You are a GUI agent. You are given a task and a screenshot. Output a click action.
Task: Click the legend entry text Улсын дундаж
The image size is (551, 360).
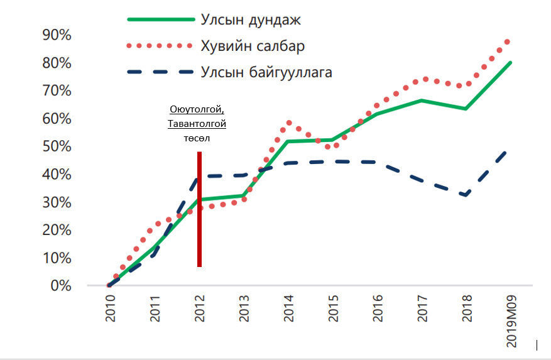click(x=251, y=19)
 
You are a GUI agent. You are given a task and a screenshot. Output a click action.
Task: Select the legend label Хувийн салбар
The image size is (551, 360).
click(x=253, y=46)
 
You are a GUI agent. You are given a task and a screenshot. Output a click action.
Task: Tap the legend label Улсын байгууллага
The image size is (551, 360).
click(x=266, y=72)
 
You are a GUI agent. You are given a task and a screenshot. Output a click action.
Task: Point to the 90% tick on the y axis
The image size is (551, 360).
click(x=57, y=35)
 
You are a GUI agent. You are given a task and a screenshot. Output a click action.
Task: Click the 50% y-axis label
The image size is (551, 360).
click(x=57, y=146)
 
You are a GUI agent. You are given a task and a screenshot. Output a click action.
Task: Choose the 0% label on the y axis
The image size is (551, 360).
click(x=60, y=286)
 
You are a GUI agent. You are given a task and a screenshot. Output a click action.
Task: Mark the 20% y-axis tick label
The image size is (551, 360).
click(x=57, y=230)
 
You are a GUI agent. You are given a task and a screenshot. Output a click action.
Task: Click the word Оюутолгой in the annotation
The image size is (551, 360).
click(x=197, y=111)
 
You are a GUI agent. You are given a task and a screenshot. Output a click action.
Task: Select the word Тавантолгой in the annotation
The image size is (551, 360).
click(x=197, y=124)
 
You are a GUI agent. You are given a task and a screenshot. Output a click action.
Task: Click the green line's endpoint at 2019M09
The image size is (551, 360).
click(x=510, y=62)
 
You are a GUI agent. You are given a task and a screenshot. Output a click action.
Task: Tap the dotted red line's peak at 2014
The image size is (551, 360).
click(x=288, y=123)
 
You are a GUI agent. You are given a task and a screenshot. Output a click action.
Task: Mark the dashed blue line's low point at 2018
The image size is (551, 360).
click(x=466, y=195)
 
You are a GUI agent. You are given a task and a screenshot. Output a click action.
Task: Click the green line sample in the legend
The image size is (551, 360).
click(x=161, y=19)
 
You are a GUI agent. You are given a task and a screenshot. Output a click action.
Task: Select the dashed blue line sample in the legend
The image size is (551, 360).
click(x=161, y=72)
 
